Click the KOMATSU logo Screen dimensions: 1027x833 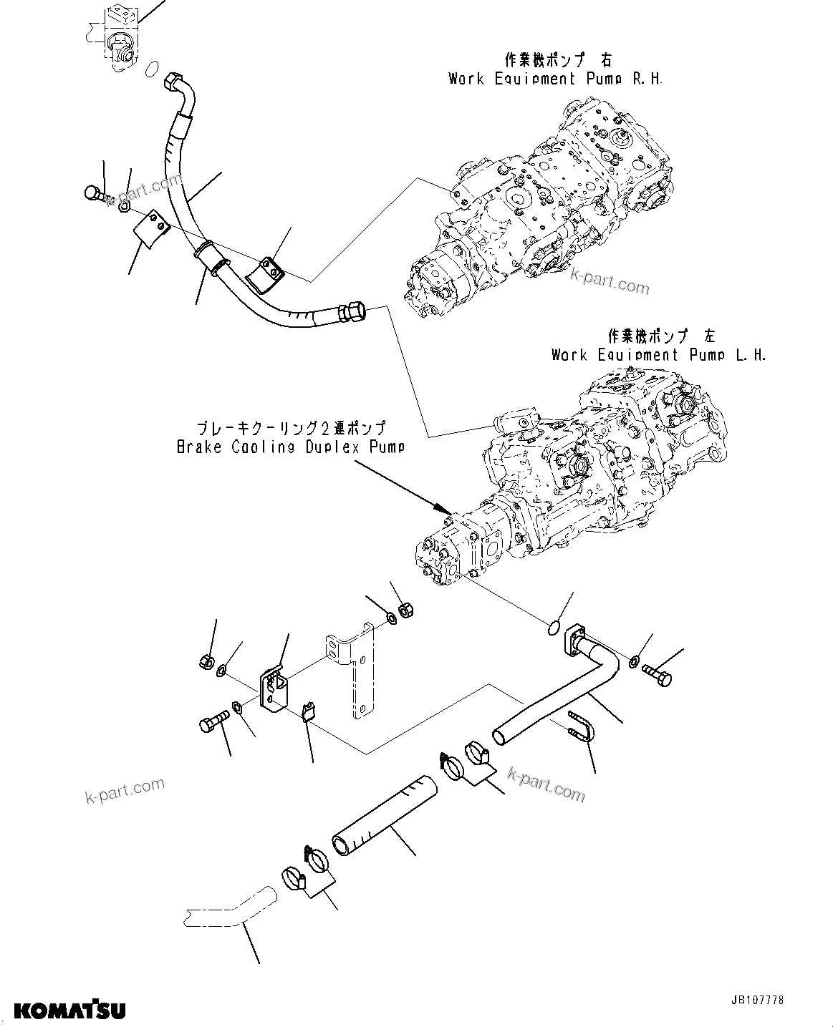[69, 1009]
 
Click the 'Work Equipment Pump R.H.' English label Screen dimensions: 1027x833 [555, 79]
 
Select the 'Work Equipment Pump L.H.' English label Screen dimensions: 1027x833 [658, 355]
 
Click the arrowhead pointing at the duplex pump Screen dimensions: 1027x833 [440, 507]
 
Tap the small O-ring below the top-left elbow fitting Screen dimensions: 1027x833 [151, 69]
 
